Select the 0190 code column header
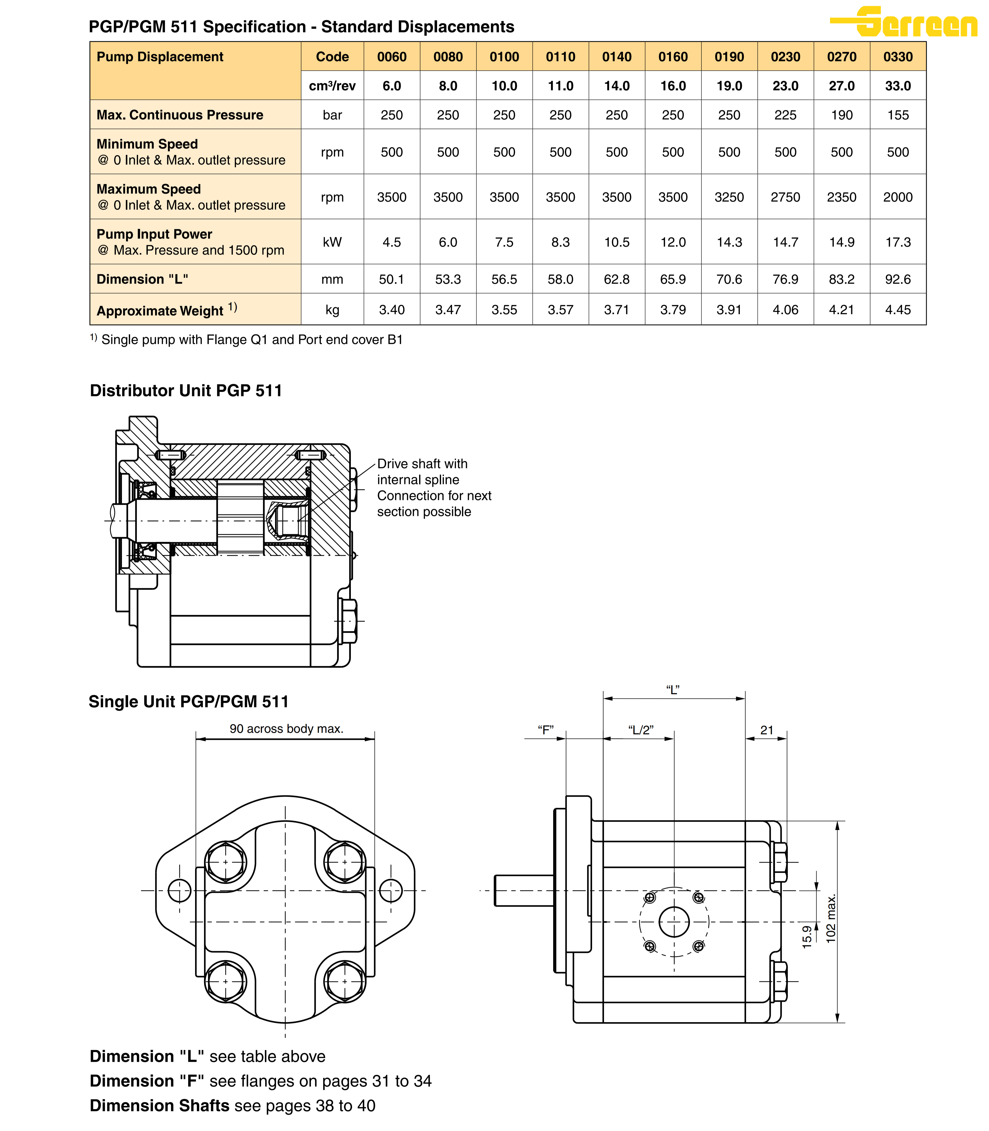tap(729, 57)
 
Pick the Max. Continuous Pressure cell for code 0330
tap(898, 115)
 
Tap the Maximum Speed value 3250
tap(729, 197)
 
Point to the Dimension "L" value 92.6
tap(898, 279)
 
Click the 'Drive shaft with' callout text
tap(422, 464)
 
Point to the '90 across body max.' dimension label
tap(287, 728)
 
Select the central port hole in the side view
tap(674, 922)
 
